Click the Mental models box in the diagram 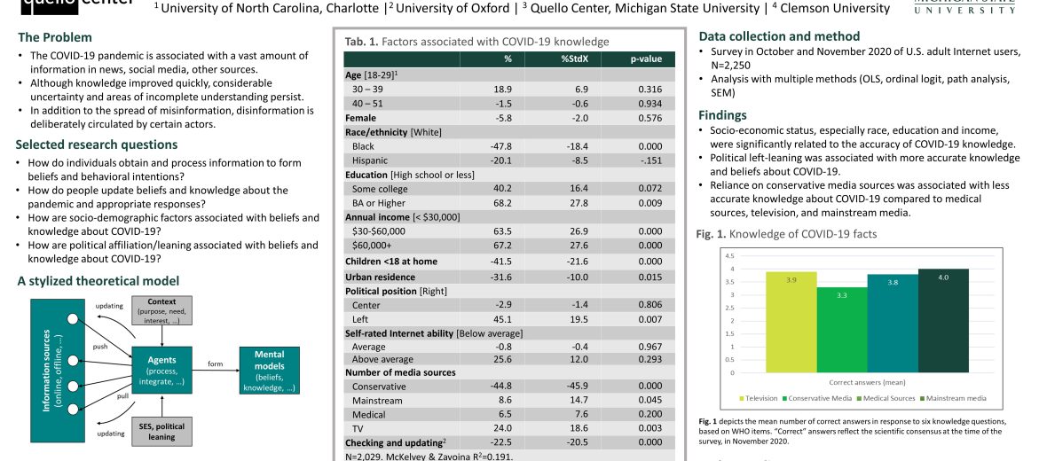point(270,370)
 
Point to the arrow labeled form point(216,370)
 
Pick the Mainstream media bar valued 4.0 point(943,320)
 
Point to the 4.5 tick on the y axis point(730,256)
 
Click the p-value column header point(646,59)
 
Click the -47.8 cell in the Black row point(508,146)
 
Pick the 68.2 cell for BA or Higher point(508,203)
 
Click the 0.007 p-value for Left point(649,319)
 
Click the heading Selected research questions point(97,145)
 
